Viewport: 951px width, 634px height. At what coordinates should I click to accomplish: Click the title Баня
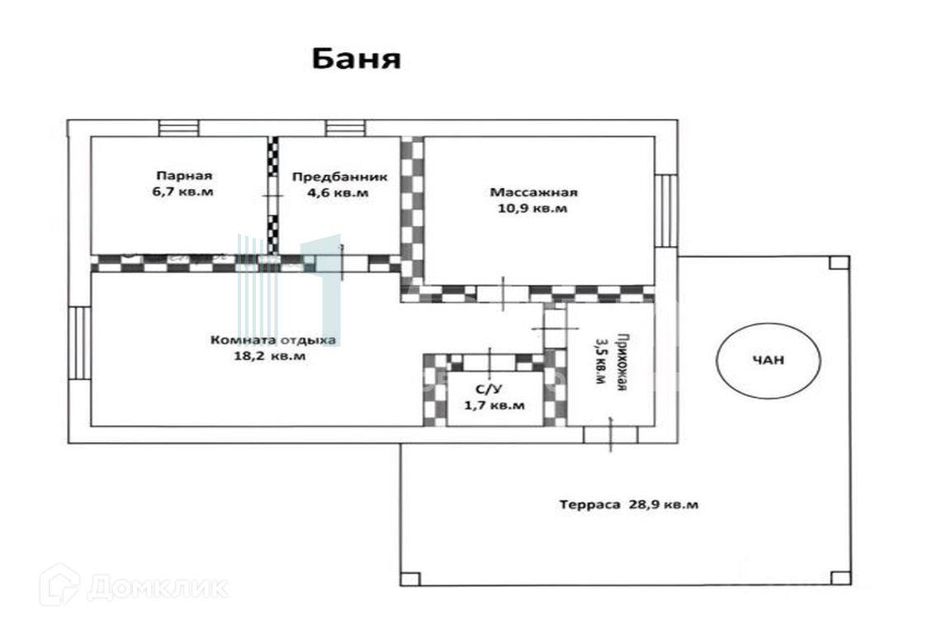point(356,59)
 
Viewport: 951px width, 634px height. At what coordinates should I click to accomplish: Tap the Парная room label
point(184,175)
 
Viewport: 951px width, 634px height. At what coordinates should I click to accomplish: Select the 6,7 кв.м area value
point(184,192)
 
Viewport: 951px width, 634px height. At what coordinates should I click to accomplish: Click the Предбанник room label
point(338,177)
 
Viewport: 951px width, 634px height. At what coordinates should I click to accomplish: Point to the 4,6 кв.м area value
point(338,193)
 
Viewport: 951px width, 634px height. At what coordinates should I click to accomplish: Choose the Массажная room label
point(533,192)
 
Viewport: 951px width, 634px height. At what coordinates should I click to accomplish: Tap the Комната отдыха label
point(273,339)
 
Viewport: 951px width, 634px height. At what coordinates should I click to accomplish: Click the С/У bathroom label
point(485,388)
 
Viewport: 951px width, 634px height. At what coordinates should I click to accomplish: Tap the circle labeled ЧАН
point(768,360)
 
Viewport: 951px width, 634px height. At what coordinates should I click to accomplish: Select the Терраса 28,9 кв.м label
point(628,504)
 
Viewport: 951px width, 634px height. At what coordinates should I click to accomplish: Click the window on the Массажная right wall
point(666,211)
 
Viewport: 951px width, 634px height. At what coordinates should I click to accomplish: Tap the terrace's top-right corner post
point(839,263)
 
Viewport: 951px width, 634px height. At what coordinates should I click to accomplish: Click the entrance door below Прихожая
point(611,434)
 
